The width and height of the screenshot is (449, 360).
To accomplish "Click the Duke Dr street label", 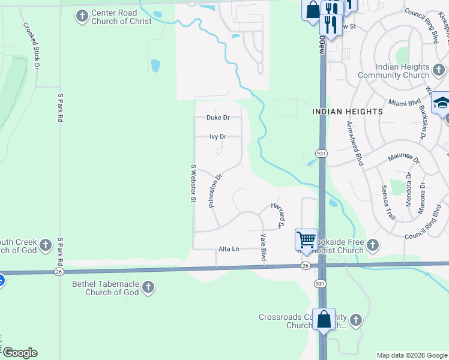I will pyautogui.click(x=218, y=118).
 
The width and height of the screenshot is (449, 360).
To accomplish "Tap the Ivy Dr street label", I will pyautogui.click(x=218, y=137).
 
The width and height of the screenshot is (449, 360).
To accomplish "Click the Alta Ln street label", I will pyautogui.click(x=229, y=249).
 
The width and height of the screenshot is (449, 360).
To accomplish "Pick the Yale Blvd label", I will pyautogui.click(x=263, y=247).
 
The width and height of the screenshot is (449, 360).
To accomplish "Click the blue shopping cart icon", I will pyautogui.click(x=306, y=239).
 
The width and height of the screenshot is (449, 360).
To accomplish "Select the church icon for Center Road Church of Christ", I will pyautogui.click(x=82, y=16).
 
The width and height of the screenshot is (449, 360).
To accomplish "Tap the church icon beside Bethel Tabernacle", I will pyautogui.click(x=148, y=288).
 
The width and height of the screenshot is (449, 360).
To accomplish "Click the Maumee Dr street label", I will pyautogui.click(x=402, y=157).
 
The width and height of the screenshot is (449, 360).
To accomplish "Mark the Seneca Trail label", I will pyautogui.click(x=388, y=201).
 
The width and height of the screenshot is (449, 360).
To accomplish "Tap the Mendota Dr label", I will pyautogui.click(x=408, y=190).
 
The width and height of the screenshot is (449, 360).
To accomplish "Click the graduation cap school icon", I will pyautogui.click(x=441, y=103).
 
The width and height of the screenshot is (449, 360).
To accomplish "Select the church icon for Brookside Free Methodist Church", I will pyautogui.click(x=372, y=244).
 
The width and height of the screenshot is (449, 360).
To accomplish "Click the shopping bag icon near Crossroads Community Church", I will pyautogui.click(x=324, y=319).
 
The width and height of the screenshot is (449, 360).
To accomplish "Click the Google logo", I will pyautogui.click(x=20, y=353).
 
